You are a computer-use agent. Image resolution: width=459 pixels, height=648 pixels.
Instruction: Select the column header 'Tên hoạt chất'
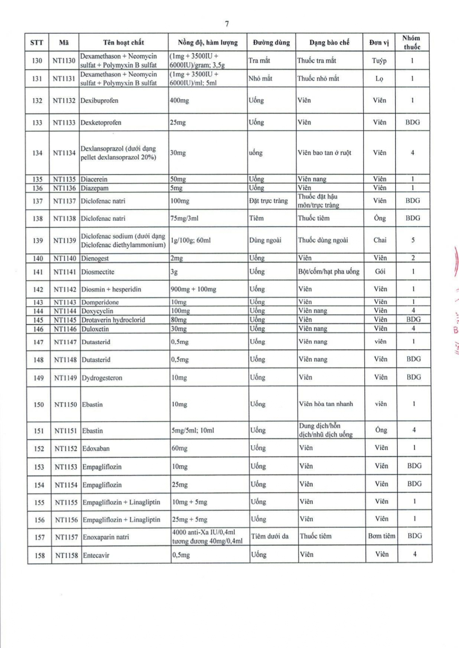tap(124, 43)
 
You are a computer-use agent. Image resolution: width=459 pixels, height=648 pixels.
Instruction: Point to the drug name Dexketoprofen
tap(101, 122)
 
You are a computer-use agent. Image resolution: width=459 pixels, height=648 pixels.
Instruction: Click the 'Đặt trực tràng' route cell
tap(268, 200)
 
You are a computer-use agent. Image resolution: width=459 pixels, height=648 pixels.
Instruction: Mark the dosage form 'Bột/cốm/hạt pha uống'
tap(328, 271)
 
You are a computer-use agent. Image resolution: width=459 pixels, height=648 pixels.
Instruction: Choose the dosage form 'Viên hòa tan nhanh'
tap(325, 404)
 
